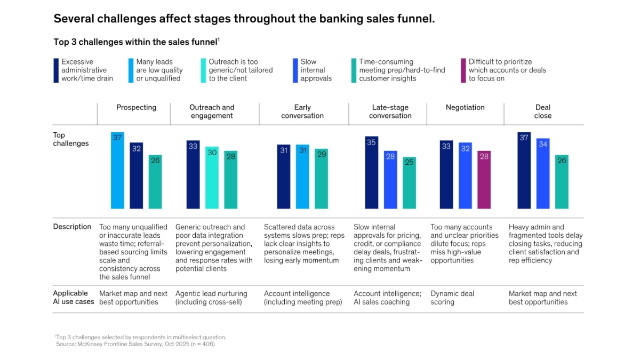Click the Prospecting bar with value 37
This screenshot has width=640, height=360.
click(x=117, y=170)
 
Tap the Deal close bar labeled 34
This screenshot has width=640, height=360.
click(x=543, y=173)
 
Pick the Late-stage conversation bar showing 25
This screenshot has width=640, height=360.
click(x=409, y=182)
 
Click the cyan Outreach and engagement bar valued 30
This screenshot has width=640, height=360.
click(x=212, y=177)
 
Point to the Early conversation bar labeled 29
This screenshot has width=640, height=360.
click(x=321, y=179)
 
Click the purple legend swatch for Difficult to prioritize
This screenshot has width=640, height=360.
click(x=463, y=70)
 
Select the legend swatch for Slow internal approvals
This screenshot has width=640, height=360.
click(x=295, y=70)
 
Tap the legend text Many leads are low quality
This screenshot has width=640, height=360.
click(x=159, y=70)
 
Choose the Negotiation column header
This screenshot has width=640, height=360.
click(x=465, y=108)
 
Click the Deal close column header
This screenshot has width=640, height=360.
click(x=543, y=111)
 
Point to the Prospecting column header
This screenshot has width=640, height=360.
click(x=137, y=108)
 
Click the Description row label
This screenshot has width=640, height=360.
click(x=72, y=227)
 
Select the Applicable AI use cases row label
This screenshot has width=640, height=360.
click(x=74, y=298)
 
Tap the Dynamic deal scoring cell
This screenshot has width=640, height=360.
click(x=452, y=298)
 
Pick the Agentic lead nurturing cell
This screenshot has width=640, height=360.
click(x=212, y=298)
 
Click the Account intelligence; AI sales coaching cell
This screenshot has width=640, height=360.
click(x=387, y=298)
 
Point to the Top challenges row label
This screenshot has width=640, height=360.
click(x=71, y=139)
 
